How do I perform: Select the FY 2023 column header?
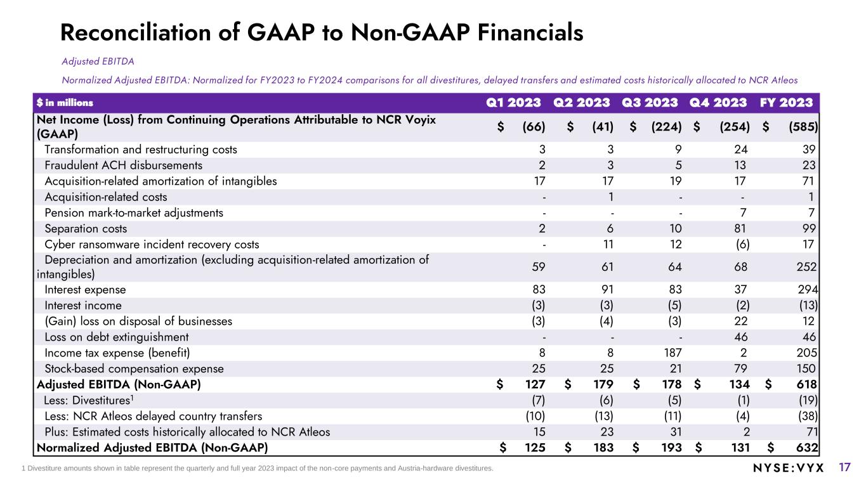coord(792,103)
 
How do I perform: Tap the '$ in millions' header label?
coord(65,103)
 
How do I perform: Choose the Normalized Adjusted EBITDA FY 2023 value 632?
coord(806,448)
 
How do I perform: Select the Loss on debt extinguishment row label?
coord(117,337)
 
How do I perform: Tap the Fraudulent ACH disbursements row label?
coord(124,166)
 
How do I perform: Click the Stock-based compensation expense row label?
coord(134,368)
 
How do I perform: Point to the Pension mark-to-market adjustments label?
coord(134,212)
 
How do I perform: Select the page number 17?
coord(844,467)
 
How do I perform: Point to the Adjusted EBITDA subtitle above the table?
coord(98,62)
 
